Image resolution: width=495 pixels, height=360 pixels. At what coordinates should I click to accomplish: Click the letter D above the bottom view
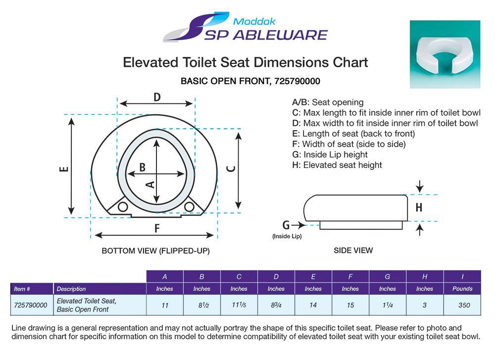click(156, 98)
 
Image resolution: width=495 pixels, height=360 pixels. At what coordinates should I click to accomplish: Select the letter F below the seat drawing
click(157, 228)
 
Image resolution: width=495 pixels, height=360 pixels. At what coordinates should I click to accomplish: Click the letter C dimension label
click(230, 168)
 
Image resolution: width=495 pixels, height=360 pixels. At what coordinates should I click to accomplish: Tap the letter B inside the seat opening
click(142, 167)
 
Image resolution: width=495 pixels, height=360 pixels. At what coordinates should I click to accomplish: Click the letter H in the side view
click(419, 208)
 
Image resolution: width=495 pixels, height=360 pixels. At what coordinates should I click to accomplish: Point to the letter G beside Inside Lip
click(286, 225)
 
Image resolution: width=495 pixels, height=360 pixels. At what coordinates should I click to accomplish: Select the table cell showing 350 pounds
click(463, 305)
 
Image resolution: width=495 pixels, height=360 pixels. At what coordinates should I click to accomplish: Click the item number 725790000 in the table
click(31, 305)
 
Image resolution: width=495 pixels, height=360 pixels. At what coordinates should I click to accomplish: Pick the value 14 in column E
click(313, 305)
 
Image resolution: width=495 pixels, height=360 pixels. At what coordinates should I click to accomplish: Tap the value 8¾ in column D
click(276, 305)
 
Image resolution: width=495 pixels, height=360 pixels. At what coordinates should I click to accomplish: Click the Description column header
click(71, 289)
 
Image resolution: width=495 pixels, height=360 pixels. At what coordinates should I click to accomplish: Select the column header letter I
click(463, 276)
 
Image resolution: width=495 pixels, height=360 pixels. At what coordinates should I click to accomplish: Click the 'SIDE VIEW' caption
click(353, 251)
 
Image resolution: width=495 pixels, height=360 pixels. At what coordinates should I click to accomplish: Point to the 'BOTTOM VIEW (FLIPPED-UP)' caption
click(155, 251)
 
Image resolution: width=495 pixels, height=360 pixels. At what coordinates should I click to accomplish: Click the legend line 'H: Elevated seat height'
click(337, 165)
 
